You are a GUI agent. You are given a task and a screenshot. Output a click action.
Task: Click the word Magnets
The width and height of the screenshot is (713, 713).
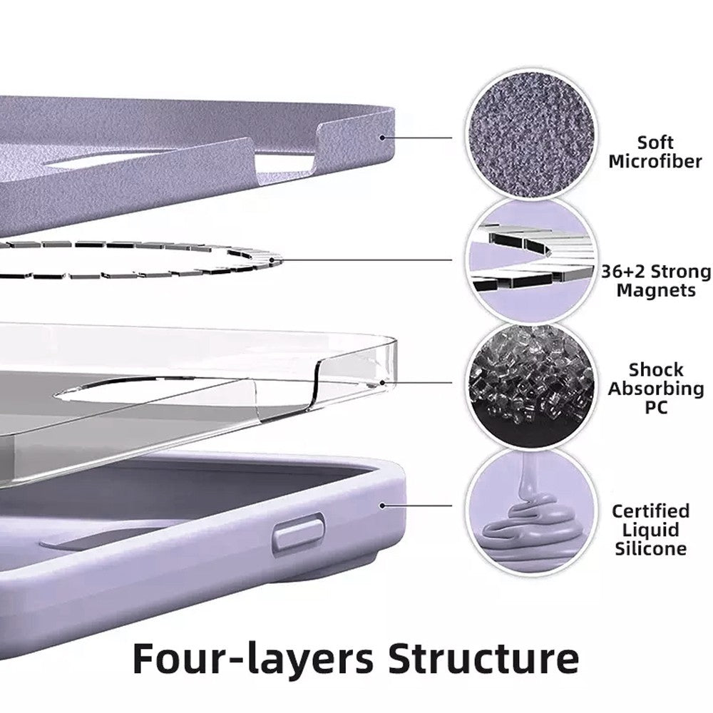coord(656,290)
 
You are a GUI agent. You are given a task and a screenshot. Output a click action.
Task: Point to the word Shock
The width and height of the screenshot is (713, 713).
coord(655,370)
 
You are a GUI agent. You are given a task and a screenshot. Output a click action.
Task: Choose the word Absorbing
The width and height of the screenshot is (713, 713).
coord(655,389)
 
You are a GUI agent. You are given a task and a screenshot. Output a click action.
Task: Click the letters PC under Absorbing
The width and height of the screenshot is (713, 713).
coord(655,409)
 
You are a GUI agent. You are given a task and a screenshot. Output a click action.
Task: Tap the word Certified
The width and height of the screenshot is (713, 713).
coord(650,511)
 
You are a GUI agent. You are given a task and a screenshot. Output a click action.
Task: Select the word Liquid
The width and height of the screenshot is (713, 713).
coord(650,530)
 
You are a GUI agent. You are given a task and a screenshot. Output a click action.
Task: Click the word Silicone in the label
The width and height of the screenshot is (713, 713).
coord(650,548)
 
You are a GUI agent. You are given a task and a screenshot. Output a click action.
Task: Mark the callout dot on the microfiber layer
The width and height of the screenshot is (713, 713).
coord(383,137)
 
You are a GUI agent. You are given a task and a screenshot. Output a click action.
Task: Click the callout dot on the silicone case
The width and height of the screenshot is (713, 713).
coord(383,506)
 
